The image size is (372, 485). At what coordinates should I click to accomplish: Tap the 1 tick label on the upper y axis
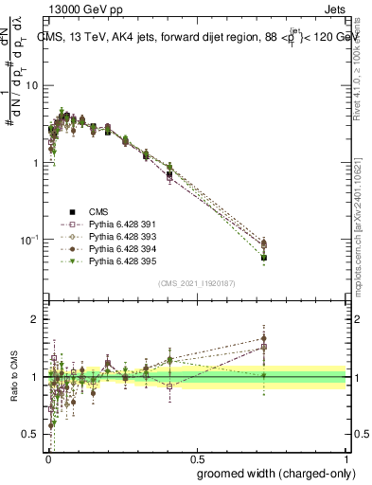(35, 163)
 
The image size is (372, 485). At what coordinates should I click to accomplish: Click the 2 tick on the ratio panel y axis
(35, 319)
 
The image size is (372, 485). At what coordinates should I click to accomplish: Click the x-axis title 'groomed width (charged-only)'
(272, 473)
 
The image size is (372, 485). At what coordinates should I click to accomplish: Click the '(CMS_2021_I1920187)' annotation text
(196, 282)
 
